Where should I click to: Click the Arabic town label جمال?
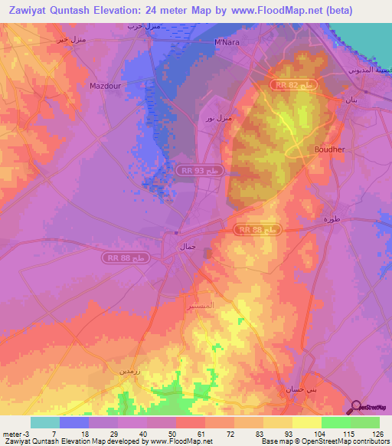188,248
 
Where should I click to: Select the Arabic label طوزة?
330,219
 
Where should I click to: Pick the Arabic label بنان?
351,100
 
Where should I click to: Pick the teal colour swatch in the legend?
44,422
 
